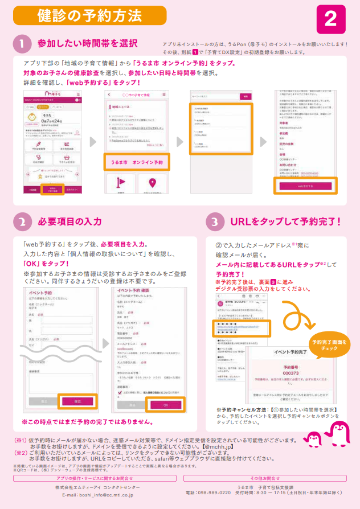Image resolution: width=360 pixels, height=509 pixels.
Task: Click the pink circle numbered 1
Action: click(x=21, y=44)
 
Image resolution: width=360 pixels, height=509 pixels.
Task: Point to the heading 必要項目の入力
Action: click(x=69, y=221)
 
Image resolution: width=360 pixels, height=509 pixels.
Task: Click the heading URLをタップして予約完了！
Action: click(x=285, y=221)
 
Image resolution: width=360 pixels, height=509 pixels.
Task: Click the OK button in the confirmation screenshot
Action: click(x=165, y=405)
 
